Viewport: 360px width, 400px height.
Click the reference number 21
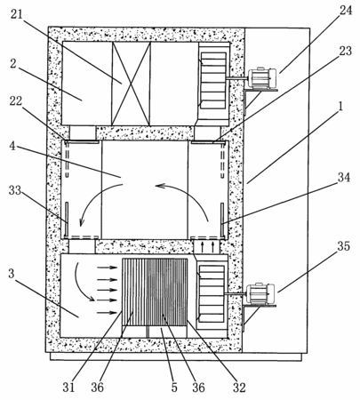tap(17, 14)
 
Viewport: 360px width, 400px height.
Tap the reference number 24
tap(346, 10)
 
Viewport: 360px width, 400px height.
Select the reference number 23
tap(345, 51)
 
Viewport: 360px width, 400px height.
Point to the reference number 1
tap(340, 107)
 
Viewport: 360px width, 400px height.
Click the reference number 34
tap(344, 177)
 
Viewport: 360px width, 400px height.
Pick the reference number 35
tap(343, 246)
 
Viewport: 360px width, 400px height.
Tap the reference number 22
tap(16, 100)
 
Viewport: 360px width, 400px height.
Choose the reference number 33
tap(15, 190)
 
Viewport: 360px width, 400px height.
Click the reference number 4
tap(12, 146)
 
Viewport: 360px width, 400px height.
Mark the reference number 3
tap(12, 273)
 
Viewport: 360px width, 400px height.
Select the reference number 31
tap(68, 387)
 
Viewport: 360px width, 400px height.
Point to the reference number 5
tap(174, 387)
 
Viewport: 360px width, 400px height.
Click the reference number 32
tap(239, 387)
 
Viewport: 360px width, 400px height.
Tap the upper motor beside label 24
tap(261, 78)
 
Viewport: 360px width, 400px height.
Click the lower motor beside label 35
tap(260, 293)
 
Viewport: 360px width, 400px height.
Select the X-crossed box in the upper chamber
tap(131, 84)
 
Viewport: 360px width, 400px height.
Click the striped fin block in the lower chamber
tap(155, 292)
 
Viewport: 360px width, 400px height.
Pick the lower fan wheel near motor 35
tap(212, 293)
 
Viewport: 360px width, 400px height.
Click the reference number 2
tap(12, 63)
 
